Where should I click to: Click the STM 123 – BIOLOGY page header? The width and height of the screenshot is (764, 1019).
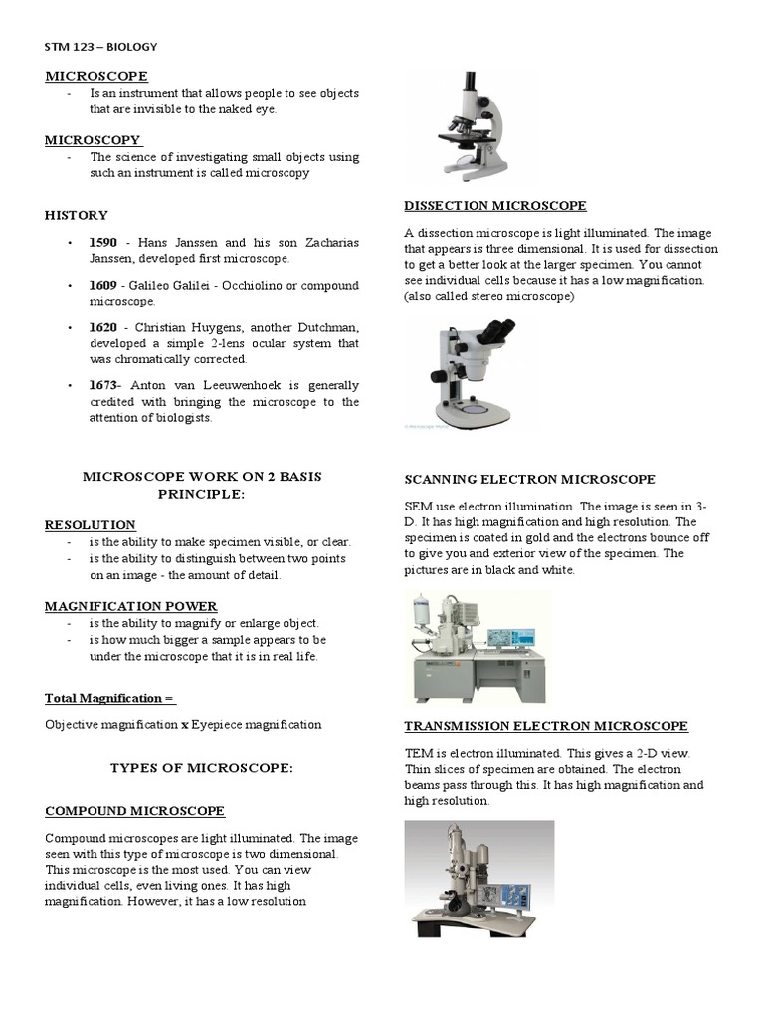[100, 46]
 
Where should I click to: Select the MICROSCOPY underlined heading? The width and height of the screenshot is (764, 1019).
[93, 140]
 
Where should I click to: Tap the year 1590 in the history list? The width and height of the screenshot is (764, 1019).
[103, 243]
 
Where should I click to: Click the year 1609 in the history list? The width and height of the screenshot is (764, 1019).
[103, 286]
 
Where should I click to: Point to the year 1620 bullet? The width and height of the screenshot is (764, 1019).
[103, 327]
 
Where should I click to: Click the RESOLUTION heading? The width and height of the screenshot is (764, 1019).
[91, 524]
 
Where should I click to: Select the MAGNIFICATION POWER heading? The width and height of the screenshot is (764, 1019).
[131, 606]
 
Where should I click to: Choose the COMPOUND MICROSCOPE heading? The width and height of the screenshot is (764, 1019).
[134, 810]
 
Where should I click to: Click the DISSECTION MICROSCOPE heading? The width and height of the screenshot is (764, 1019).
[494, 206]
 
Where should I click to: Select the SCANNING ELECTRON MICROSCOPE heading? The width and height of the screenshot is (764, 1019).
[529, 479]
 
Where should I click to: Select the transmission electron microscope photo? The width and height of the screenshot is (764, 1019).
[478, 879]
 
